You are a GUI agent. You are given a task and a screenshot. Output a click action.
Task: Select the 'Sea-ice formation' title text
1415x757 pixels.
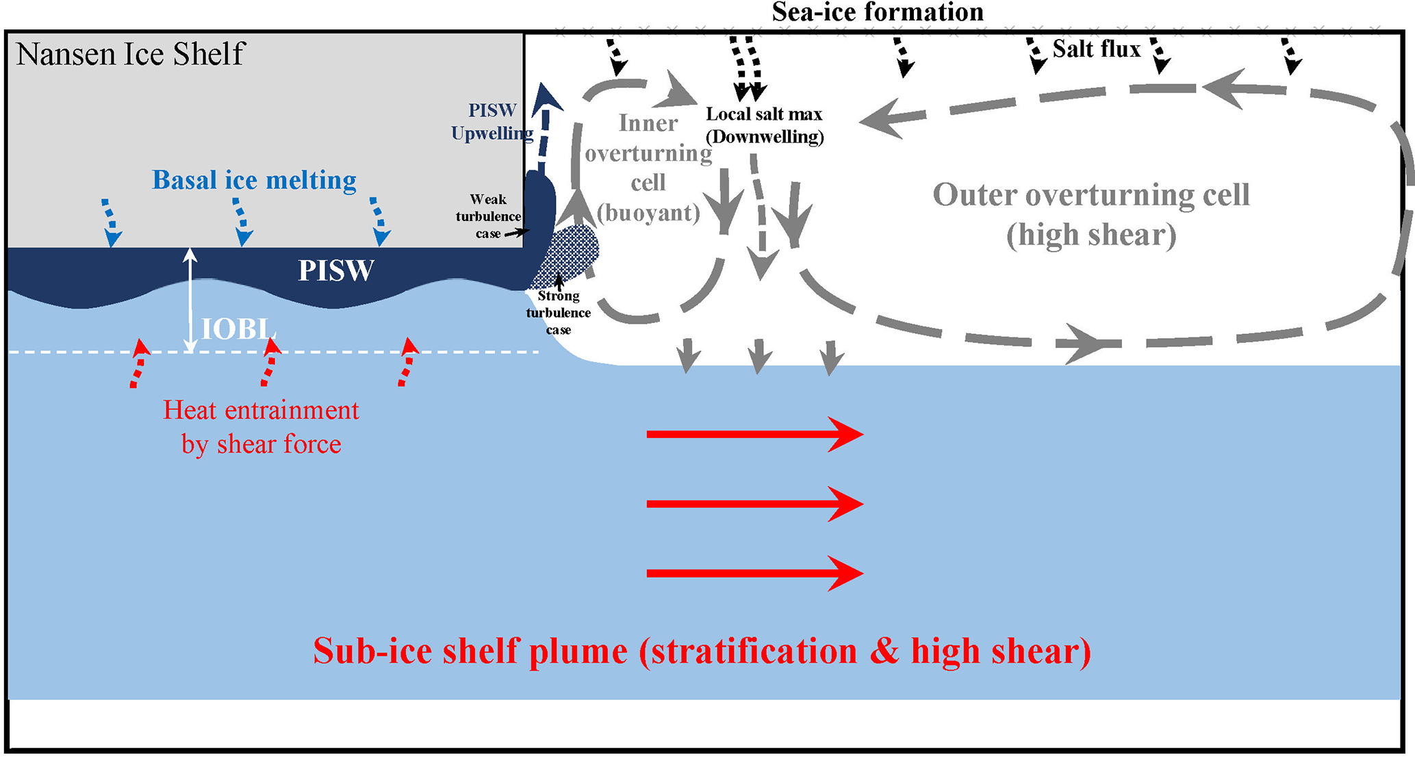click(878, 12)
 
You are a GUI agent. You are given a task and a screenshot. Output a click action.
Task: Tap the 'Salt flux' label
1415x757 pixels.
click(1096, 49)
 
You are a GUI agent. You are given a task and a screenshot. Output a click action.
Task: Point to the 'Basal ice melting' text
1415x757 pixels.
click(254, 180)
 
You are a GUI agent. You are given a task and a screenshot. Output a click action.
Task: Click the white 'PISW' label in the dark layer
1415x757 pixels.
click(335, 271)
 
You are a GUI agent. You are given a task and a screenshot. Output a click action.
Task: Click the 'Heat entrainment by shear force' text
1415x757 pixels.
click(261, 427)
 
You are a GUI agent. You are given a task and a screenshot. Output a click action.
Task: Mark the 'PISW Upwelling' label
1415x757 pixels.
click(492, 121)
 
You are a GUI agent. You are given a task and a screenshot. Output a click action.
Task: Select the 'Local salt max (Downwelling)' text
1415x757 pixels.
click(765, 125)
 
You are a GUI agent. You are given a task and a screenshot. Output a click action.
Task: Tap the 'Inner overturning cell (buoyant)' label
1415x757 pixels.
click(648, 168)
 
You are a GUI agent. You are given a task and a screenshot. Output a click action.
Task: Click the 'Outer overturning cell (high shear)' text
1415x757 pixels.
click(1091, 214)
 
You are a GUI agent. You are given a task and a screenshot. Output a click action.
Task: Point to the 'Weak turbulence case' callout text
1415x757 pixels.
click(488, 216)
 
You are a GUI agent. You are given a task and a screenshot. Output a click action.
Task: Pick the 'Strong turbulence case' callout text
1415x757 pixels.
click(558, 313)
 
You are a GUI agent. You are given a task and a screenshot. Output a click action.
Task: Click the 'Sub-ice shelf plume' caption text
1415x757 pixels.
click(702, 651)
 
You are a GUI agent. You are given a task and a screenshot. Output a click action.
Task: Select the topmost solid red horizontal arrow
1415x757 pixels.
click(753, 434)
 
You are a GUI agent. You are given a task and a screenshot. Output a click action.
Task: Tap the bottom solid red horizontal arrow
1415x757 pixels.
click(753, 574)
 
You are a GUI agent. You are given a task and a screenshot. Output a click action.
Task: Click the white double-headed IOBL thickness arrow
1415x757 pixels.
click(191, 301)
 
